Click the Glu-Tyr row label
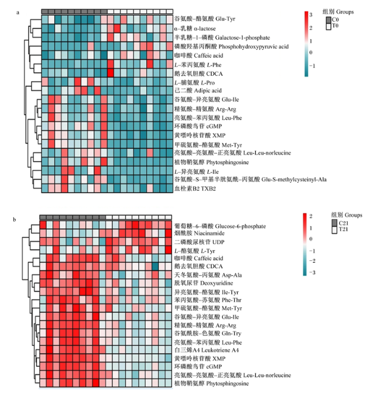(205, 19)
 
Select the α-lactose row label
(195, 28)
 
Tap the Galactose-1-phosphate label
(222, 37)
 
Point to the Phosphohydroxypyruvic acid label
(232, 46)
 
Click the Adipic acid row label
(198, 91)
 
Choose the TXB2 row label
(195, 189)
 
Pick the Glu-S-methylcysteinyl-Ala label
(250, 179)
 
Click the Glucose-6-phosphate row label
(220, 226)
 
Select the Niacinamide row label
(199, 233)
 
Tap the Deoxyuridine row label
(204, 283)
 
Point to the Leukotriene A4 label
(207, 351)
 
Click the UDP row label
(199, 242)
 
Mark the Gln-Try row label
(208, 333)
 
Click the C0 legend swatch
(329, 20)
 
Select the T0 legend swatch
(329, 26)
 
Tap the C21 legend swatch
(334, 223)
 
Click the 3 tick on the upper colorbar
(311, 15)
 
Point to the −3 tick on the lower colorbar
(312, 272)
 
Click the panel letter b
(14, 220)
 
